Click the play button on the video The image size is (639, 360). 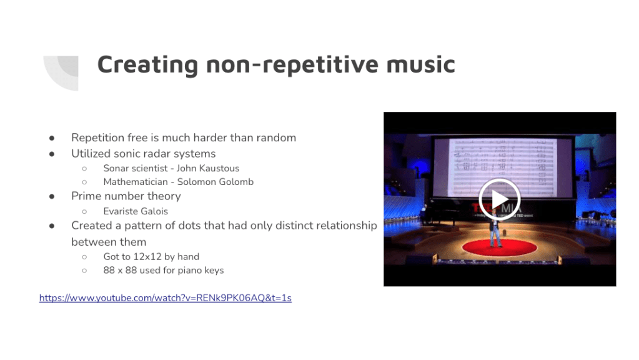(x=499, y=199)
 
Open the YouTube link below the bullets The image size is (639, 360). (x=166, y=298)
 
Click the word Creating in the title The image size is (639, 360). (x=147, y=65)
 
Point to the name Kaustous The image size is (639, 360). (x=220, y=168)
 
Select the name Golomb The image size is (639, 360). (x=235, y=182)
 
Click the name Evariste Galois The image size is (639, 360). (x=136, y=211)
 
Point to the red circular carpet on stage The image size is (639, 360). (x=500, y=247)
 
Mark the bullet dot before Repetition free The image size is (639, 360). (x=52, y=138)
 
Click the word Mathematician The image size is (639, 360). (x=136, y=182)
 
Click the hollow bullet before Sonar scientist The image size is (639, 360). (x=84, y=168)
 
